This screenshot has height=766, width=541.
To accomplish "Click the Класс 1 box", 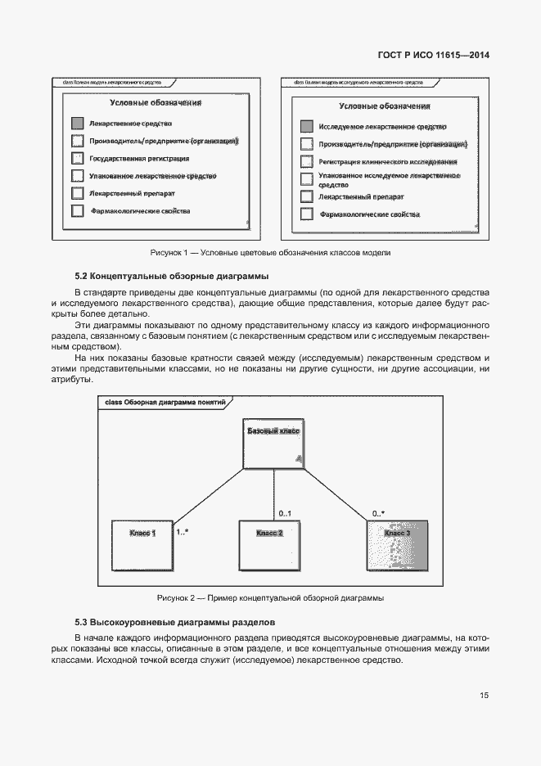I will pos(142,546).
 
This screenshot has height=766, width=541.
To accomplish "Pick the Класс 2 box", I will pos(269,546).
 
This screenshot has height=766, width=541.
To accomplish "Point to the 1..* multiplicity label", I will pos(183,532).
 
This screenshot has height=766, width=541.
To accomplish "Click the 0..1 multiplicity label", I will pos(286,513).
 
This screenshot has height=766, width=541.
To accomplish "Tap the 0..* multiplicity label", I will pos(378,513).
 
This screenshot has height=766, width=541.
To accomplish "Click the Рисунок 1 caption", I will pos(270,252).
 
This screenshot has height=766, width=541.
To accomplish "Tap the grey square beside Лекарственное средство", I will pos(77,124).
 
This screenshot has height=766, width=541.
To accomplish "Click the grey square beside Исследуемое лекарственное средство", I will pos(306,127).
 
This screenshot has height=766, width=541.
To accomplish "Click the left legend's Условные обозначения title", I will pos(156,103).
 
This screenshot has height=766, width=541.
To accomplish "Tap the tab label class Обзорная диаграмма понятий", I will pos(165,403).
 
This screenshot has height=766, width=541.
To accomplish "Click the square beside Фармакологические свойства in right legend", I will pos(306,214).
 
